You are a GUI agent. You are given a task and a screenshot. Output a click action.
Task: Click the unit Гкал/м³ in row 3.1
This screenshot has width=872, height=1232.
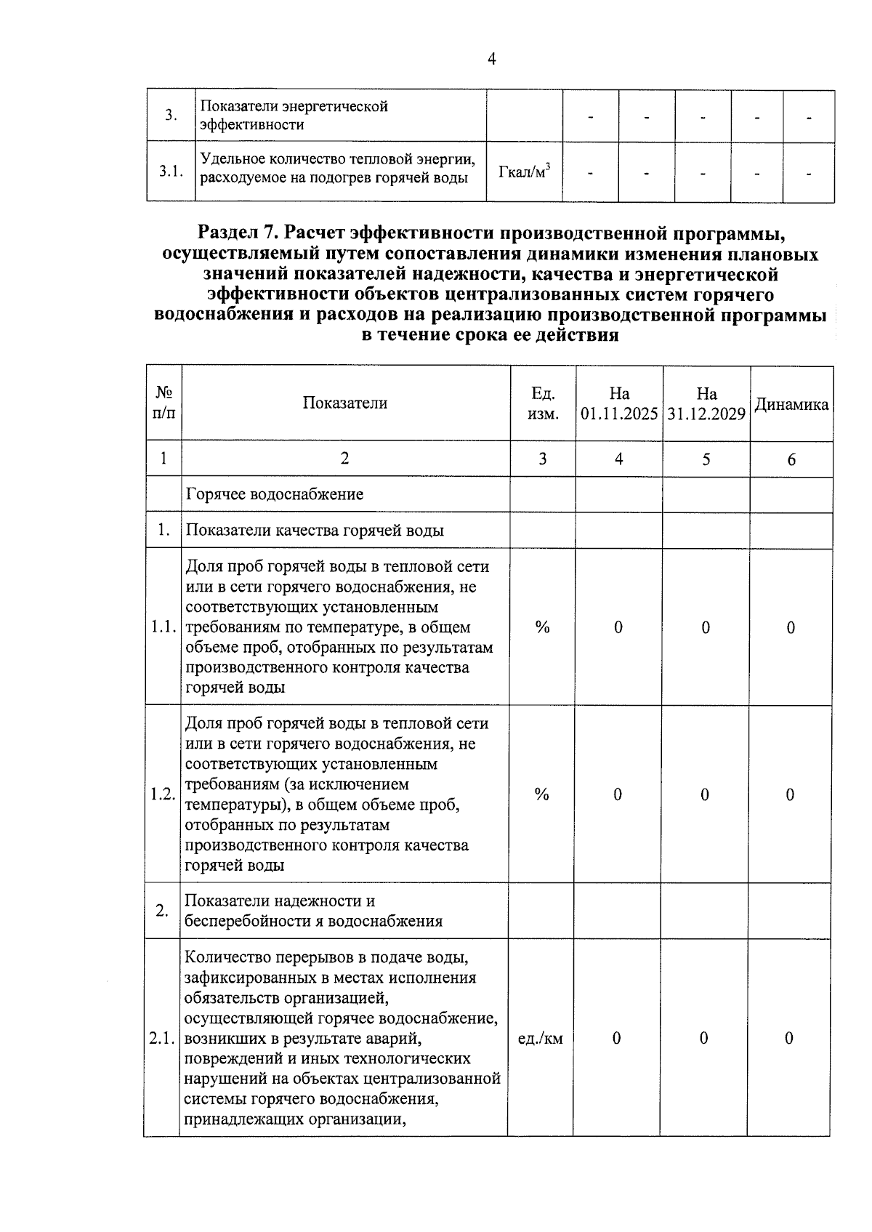(x=524, y=172)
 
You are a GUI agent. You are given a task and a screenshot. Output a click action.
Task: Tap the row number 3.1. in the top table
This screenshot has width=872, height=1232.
(x=170, y=172)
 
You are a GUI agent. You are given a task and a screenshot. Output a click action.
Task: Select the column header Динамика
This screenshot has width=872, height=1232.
(x=791, y=405)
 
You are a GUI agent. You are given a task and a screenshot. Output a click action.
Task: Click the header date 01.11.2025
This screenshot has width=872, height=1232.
(x=619, y=414)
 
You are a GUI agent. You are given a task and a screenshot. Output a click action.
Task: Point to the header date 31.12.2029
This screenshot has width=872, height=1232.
(x=706, y=414)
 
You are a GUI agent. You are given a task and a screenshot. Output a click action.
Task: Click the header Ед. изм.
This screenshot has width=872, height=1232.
(x=544, y=403)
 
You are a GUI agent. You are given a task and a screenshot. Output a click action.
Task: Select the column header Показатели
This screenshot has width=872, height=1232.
(x=345, y=403)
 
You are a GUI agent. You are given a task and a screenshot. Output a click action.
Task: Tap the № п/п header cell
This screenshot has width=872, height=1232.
(x=163, y=403)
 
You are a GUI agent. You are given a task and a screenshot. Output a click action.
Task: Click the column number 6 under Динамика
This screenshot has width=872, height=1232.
(x=791, y=459)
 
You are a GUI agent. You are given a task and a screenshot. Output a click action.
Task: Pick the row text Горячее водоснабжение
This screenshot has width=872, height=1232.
(x=275, y=495)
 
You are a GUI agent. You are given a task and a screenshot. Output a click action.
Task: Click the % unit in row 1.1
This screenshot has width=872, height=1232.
(x=542, y=627)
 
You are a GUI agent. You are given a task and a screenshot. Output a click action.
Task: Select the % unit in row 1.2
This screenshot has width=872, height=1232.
(x=541, y=794)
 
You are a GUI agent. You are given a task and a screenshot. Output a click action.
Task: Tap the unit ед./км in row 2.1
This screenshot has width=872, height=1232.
(x=541, y=1039)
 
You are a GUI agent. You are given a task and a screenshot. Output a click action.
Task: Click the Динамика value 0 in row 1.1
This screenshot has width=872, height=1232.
(x=791, y=627)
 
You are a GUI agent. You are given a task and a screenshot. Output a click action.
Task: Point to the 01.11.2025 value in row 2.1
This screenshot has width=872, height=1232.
(x=616, y=1039)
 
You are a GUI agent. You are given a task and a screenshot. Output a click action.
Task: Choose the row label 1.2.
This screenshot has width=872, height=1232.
(x=163, y=794)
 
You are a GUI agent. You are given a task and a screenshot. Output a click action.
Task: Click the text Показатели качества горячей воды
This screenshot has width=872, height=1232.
(x=315, y=531)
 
